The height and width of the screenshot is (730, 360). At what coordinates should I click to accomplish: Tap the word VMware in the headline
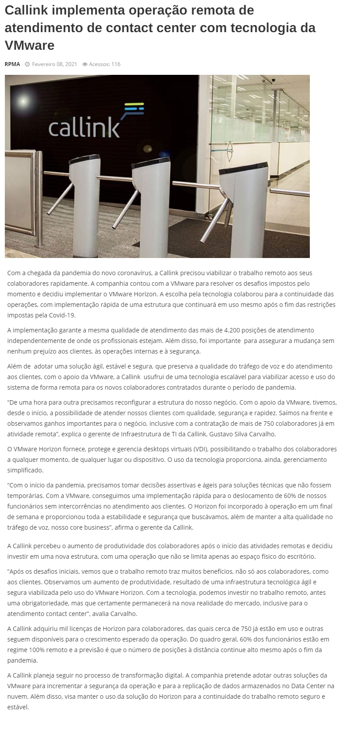pos(29,45)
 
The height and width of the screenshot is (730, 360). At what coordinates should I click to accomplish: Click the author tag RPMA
pos(12,64)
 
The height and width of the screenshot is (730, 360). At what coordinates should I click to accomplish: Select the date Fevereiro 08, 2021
pos(54,64)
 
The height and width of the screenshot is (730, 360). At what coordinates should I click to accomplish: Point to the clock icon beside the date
pos(27,64)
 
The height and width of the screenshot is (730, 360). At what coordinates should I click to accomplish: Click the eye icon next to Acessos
pos(85,64)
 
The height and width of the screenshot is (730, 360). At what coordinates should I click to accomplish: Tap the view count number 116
pos(116,64)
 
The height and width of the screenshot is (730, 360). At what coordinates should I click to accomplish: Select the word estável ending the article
pos(18,707)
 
